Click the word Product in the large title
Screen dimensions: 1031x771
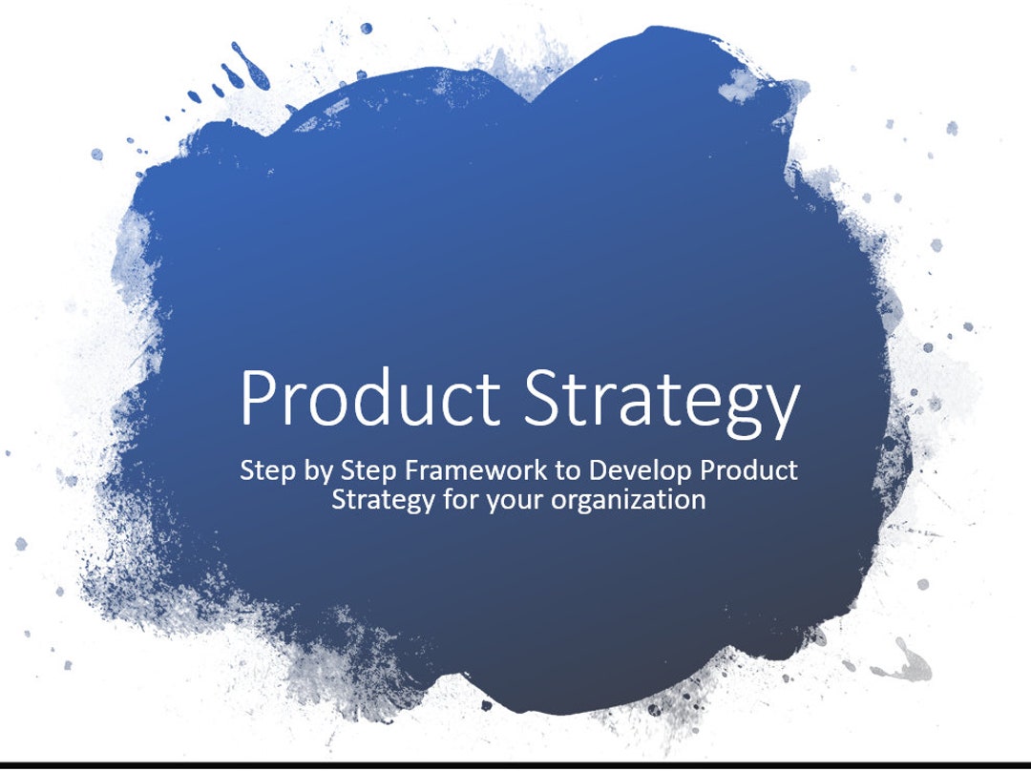(370, 398)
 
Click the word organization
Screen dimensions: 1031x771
(627, 501)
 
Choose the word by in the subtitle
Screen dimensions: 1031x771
(318, 472)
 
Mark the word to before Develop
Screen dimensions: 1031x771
(568, 471)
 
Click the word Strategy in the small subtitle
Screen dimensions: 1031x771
(383, 502)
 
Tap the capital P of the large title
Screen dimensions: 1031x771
(257, 398)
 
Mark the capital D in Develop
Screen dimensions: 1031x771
(600, 470)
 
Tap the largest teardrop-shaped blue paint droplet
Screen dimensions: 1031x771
(250, 67)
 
